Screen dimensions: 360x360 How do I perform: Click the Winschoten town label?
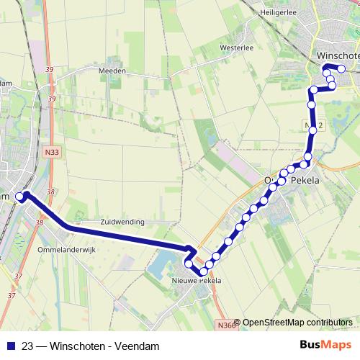tap(338, 55)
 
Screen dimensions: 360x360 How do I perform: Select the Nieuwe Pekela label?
tap(192, 281)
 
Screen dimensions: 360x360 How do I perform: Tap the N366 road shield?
tap(225, 324)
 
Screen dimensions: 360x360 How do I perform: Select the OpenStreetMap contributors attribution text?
tap(297, 322)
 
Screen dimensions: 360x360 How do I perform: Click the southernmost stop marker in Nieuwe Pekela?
tap(202, 271)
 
